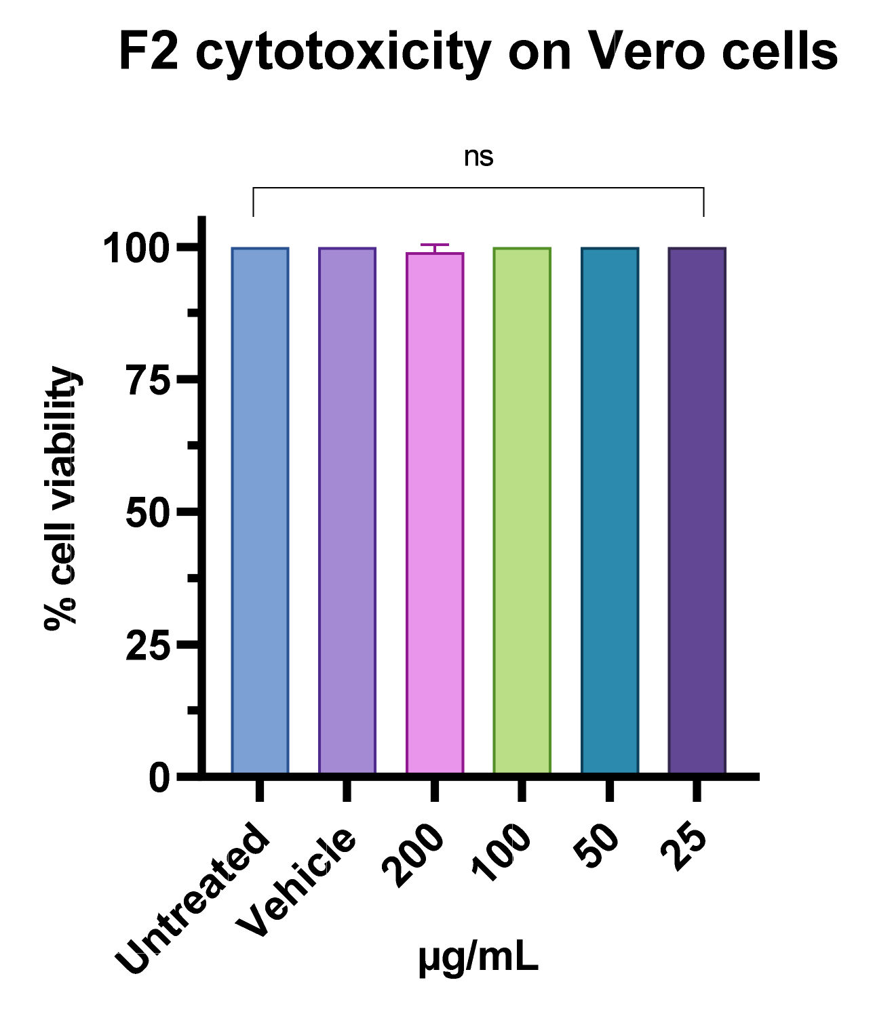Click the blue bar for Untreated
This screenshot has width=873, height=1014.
260,510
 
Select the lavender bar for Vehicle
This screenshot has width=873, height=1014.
347,510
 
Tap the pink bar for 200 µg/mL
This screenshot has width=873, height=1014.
435,512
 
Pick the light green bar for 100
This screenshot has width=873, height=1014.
522,510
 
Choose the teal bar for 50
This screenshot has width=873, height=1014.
610,510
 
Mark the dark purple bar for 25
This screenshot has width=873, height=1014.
697,510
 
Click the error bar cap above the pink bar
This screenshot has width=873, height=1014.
435,245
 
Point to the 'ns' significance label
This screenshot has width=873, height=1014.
478,157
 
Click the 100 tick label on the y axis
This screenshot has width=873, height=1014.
136,249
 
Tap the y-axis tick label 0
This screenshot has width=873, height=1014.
159,778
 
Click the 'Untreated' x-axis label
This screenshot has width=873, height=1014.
193,899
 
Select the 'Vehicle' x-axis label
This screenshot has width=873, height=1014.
296,883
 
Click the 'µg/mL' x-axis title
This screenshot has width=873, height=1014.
478,958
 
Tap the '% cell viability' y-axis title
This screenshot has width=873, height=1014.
61,498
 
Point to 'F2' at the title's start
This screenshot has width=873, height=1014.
149,52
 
